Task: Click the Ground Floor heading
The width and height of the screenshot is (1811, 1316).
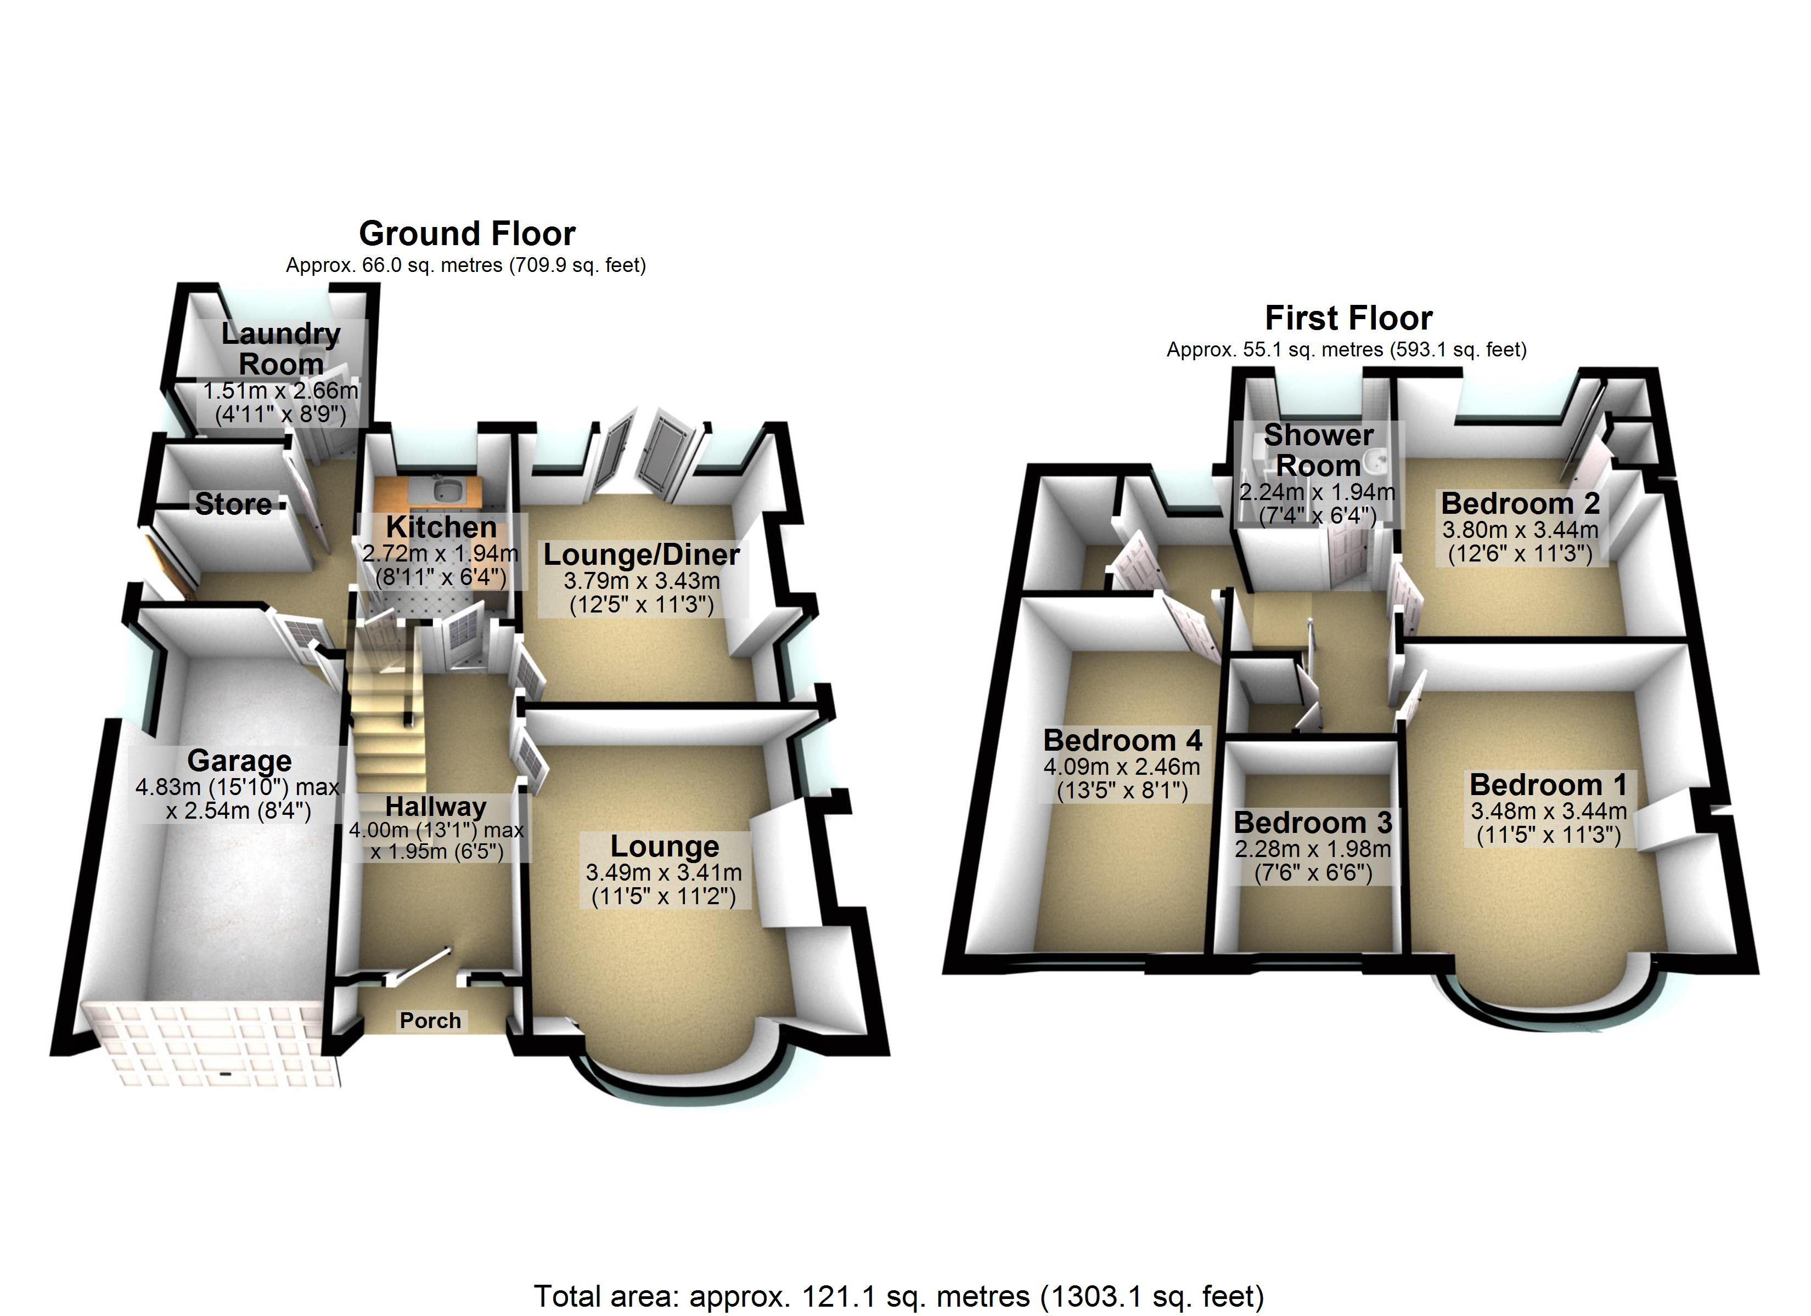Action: tap(467, 234)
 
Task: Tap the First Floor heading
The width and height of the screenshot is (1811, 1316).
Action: tap(1349, 319)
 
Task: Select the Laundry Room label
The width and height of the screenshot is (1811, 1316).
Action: tap(280, 349)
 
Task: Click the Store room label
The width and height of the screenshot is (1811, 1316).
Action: tap(233, 504)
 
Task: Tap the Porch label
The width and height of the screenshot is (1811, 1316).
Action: tap(430, 1020)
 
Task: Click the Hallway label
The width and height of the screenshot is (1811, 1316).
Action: tap(435, 806)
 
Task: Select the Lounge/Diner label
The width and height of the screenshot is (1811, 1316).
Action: tap(641, 555)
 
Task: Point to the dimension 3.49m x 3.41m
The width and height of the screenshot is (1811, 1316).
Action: tap(663, 872)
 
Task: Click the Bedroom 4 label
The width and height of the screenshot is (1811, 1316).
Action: tap(1122, 741)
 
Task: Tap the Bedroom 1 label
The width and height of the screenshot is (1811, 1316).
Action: tap(1548, 785)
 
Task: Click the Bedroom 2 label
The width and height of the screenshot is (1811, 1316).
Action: tap(1520, 503)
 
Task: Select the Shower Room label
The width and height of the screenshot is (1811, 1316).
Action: tap(1318, 450)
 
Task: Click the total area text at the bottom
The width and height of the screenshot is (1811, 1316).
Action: tap(898, 1297)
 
